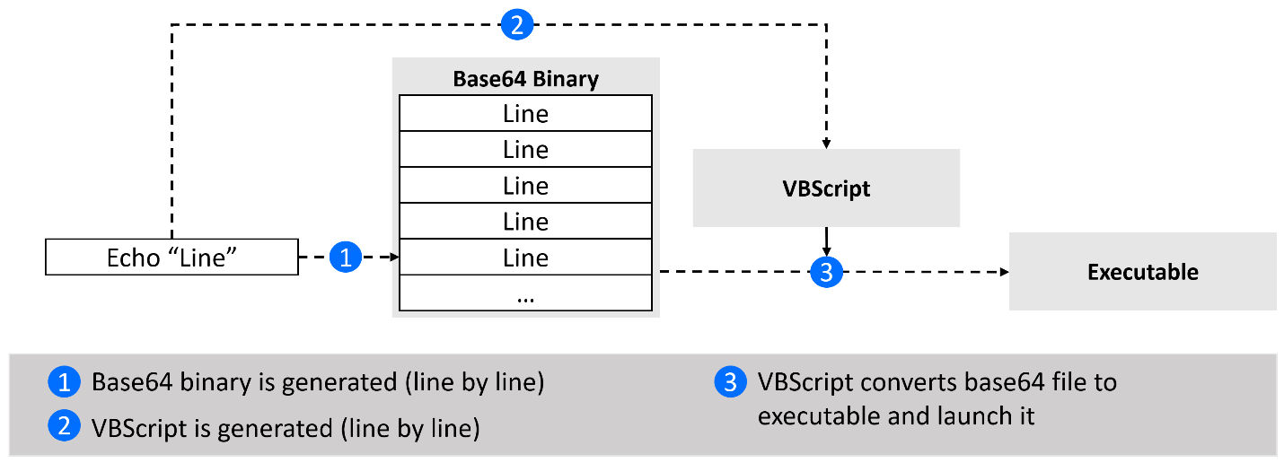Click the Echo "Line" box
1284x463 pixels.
172,258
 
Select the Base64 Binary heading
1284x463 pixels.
525,79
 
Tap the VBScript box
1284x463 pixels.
826,188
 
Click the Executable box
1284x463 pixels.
1143,272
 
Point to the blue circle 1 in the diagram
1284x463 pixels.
346,257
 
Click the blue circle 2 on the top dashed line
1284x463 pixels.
517,24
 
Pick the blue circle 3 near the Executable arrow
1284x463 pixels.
826,272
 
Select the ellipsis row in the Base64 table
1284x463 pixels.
525,293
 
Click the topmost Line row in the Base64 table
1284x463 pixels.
525,113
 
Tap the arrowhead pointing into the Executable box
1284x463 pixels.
1004,272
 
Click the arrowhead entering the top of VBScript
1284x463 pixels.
826,144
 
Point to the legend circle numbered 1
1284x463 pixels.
65,381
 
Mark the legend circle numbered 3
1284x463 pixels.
730,381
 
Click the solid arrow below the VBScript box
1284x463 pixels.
826,241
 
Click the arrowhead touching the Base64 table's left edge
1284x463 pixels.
394,257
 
